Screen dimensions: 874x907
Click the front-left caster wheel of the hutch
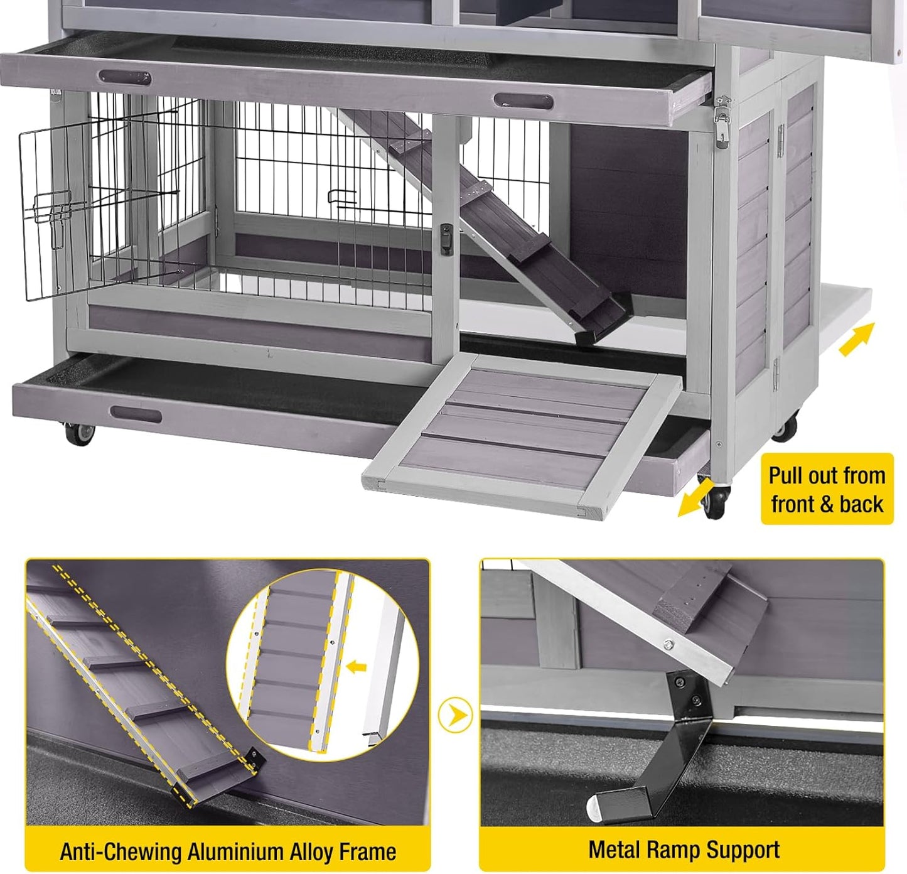(79, 434)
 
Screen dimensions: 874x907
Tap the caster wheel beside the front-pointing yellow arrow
(714, 500)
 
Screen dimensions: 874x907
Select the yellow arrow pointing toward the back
(856, 339)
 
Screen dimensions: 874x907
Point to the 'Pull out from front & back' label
(826, 489)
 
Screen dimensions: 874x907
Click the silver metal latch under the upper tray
(723, 119)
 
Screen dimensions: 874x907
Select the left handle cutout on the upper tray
(124, 78)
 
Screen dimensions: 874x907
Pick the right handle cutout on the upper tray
(523, 101)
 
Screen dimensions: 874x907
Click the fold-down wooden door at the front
(521, 433)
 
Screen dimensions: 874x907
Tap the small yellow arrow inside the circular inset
(357, 666)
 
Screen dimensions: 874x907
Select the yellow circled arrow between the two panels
(455, 715)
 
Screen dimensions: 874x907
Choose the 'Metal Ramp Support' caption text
(684, 850)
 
